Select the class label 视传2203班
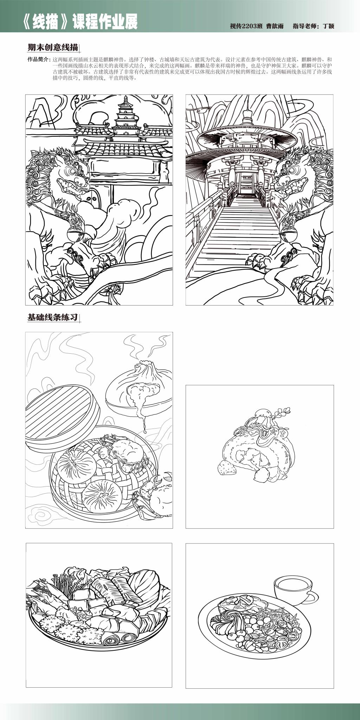(x=246, y=26)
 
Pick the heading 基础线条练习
(x=52, y=317)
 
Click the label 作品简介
(x=39, y=59)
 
